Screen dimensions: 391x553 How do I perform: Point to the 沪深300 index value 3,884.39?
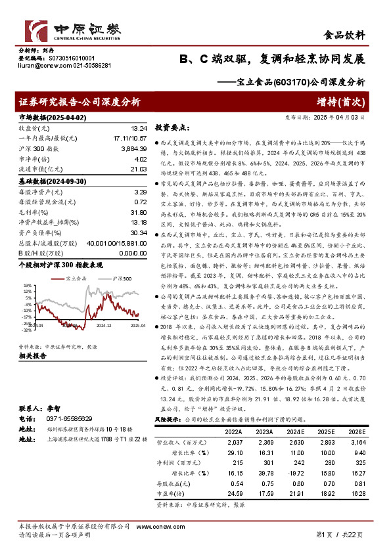133,149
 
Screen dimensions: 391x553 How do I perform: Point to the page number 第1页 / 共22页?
340,535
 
